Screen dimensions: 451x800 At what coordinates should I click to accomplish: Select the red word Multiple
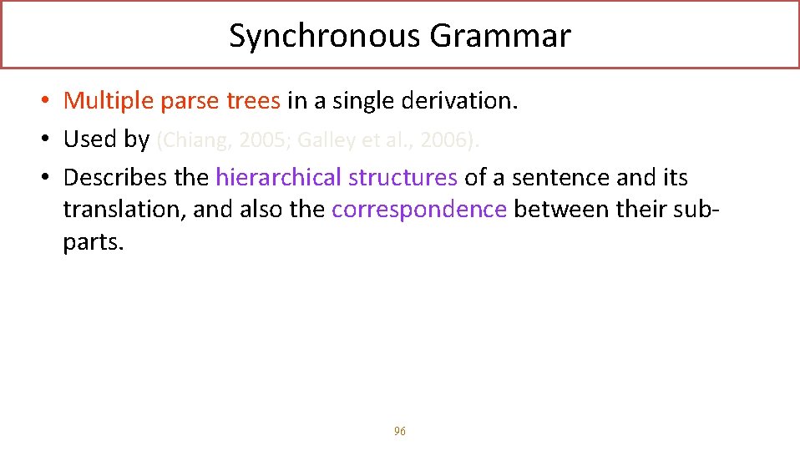click(x=109, y=101)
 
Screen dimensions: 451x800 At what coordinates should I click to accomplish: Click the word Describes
click(x=114, y=177)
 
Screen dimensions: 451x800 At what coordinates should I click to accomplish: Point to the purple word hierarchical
click(x=279, y=177)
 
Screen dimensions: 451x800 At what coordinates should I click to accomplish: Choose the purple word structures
click(x=403, y=177)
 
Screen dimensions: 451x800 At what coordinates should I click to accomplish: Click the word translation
click(x=124, y=209)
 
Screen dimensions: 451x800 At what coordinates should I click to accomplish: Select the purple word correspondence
click(x=419, y=209)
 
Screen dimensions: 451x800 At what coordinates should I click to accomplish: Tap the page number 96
click(x=400, y=431)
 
